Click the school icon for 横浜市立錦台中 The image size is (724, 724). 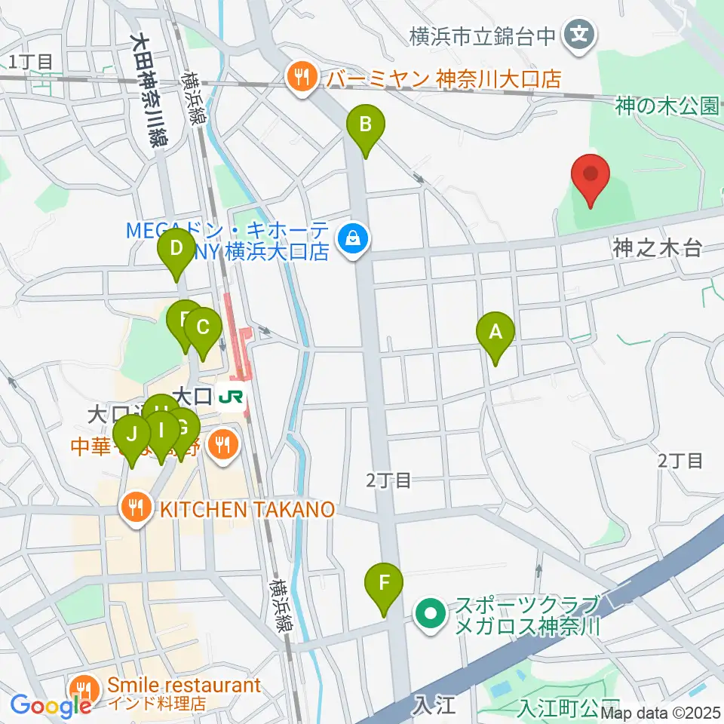tap(581, 35)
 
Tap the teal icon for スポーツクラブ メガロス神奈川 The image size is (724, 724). tap(431, 615)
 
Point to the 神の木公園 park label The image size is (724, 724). tap(666, 106)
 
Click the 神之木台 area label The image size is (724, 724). tap(658, 247)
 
